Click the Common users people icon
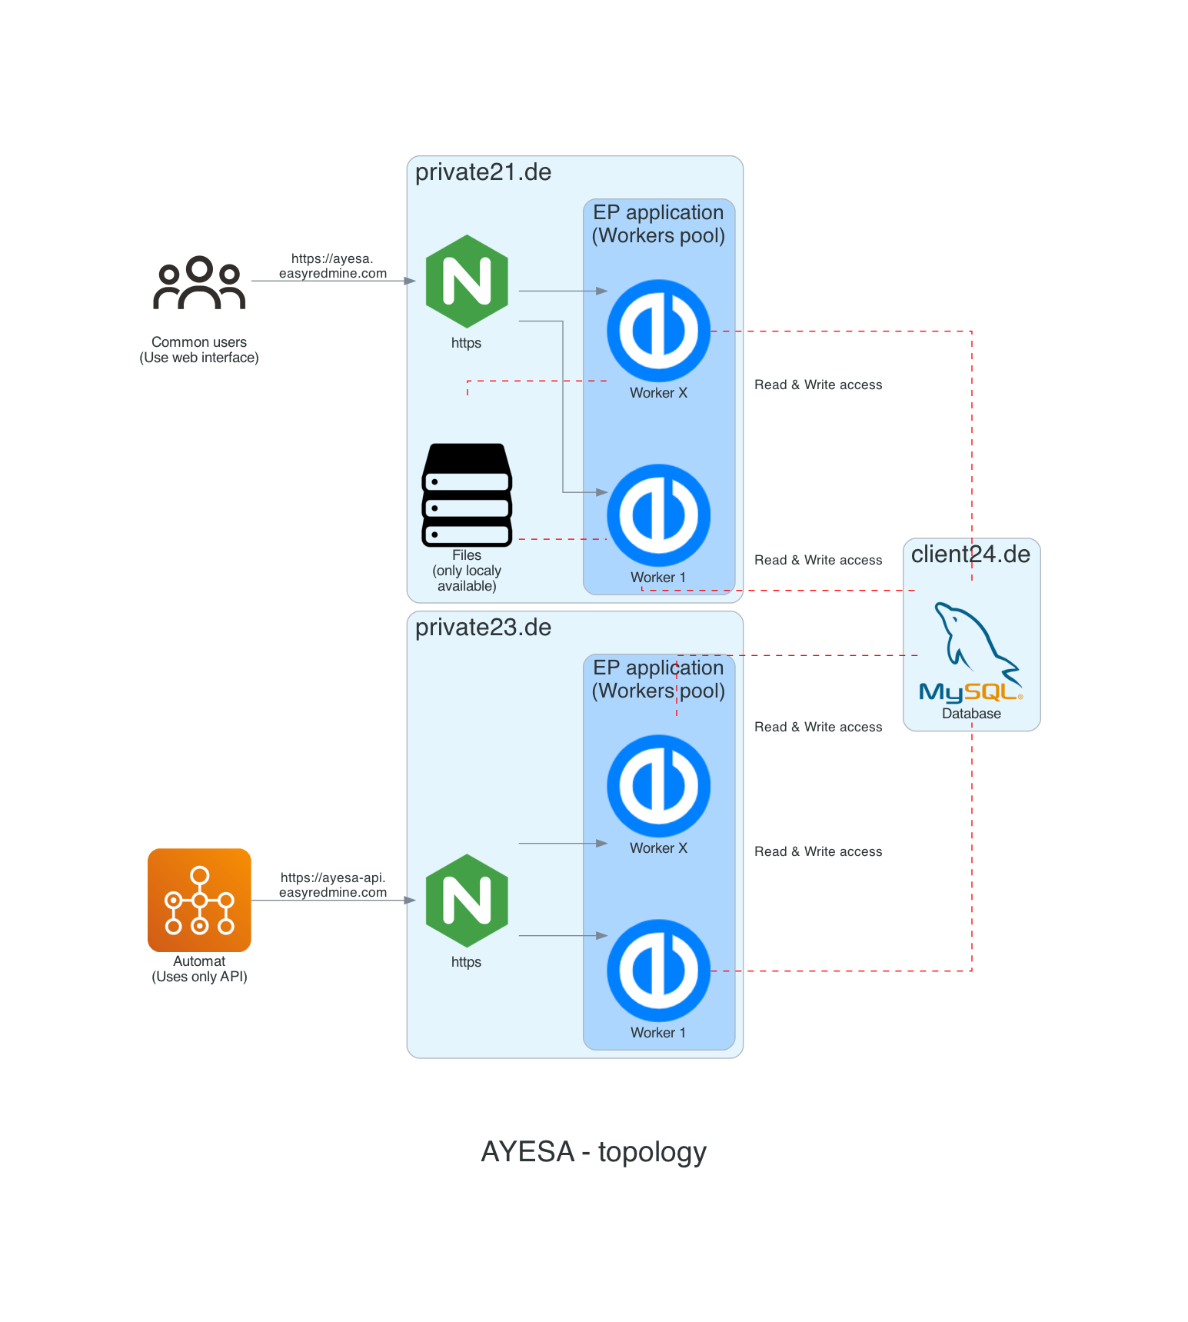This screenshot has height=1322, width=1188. [199, 283]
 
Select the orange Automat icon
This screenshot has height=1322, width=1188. [199, 900]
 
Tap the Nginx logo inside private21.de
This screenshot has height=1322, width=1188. [467, 281]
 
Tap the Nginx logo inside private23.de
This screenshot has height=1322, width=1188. [467, 901]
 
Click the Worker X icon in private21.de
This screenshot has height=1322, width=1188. [658, 331]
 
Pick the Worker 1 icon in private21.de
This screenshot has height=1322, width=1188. [658, 515]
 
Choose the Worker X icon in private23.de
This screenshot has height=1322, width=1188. [658, 786]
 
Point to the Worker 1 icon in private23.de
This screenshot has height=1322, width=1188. [658, 971]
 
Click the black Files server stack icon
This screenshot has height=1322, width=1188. [467, 495]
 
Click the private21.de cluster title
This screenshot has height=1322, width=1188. [483, 172]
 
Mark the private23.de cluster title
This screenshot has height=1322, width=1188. [483, 628]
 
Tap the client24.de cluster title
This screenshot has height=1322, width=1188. [970, 554]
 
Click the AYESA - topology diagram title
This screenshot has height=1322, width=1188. [594, 1152]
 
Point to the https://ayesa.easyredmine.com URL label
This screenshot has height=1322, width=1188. [332, 266]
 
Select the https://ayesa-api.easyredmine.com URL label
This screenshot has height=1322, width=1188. [332, 885]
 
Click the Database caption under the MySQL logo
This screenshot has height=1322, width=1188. [971, 714]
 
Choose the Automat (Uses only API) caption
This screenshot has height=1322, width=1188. [199, 969]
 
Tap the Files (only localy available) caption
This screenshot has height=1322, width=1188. [467, 571]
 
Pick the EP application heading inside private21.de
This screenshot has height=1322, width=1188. [658, 224]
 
